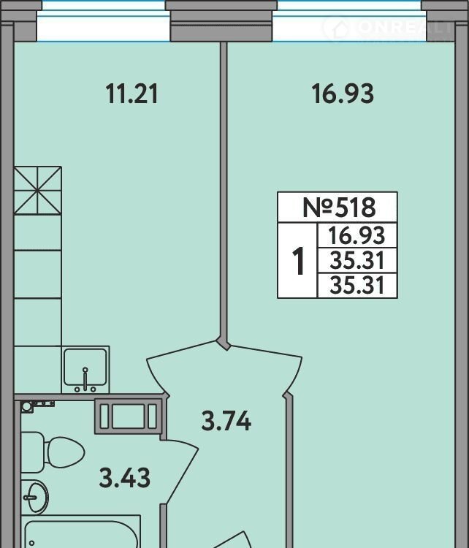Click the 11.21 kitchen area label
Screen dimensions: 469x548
pyautogui.click(x=132, y=94)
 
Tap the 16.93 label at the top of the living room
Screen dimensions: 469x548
pyautogui.click(x=343, y=94)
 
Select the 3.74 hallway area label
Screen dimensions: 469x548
pyautogui.click(x=226, y=421)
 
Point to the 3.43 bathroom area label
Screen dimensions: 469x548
pyautogui.click(x=125, y=477)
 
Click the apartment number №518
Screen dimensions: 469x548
pyautogui.click(x=339, y=207)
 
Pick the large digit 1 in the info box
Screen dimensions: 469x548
pyautogui.click(x=298, y=261)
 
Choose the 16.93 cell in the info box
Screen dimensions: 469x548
pyautogui.click(x=356, y=235)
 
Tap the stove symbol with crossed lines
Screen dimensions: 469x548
pyautogui.click(x=38, y=191)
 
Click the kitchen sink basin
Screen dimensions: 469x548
pyautogui.click(x=85, y=370)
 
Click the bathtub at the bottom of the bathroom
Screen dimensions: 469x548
pyautogui.click(x=81, y=531)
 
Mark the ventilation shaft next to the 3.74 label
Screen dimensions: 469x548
pyautogui.click(x=128, y=416)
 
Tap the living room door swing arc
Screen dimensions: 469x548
pyautogui.click(x=294, y=374)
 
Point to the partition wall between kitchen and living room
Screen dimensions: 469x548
pyautogui.click(x=224, y=192)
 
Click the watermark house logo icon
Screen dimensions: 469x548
pyautogui.click(x=335, y=27)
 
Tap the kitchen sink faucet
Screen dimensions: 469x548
pyautogui.click(x=85, y=379)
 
